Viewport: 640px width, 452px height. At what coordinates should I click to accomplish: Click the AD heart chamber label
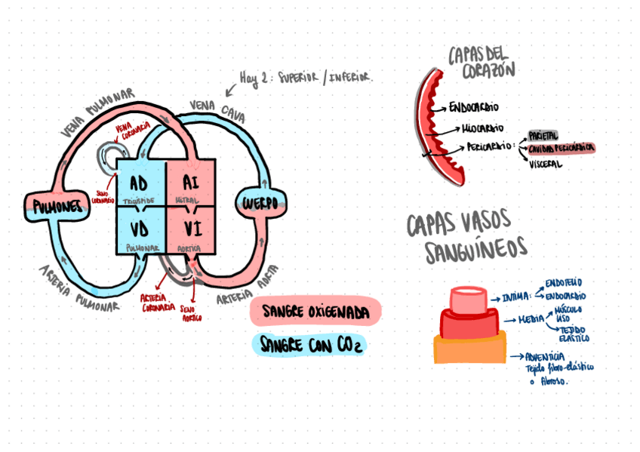coord(138,183)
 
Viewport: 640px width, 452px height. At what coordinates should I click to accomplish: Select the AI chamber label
coord(190,183)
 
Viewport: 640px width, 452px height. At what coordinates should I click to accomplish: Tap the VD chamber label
coord(138,227)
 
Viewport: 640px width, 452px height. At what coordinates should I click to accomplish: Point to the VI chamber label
coord(190,227)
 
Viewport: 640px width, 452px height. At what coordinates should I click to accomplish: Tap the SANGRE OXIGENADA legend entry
coord(315,311)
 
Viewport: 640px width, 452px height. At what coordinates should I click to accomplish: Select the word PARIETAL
coord(543,135)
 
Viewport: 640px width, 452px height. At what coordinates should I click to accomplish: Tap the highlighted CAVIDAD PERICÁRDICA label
coord(561,149)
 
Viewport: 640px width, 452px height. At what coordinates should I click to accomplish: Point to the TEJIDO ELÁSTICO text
coord(574,334)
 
